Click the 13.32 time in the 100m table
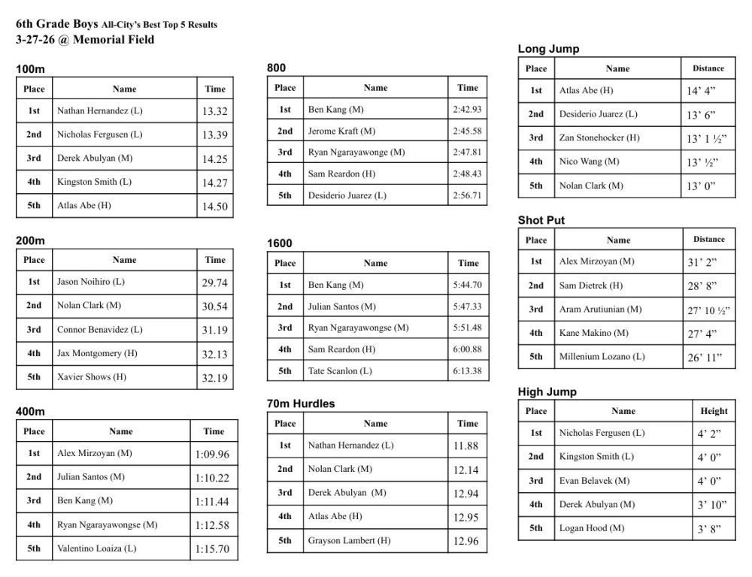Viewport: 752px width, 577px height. (x=215, y=111)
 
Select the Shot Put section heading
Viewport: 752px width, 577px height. (x=541, y=220)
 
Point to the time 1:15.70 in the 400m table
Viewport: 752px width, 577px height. (x=212, y=548)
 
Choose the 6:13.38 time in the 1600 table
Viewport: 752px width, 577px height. (x=467, y=371)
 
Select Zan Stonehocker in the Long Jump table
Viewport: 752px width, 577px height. (x=600, y=137)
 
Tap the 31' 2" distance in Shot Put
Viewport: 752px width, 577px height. (x=702, y=262)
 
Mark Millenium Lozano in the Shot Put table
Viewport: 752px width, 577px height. (x=602, y=356)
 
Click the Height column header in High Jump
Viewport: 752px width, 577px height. (x=714, y=411)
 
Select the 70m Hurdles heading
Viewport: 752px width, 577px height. (x=301, y=403)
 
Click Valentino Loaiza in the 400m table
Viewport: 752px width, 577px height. (x=97, y=548)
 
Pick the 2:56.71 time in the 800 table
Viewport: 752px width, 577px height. (x=467, y=195)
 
